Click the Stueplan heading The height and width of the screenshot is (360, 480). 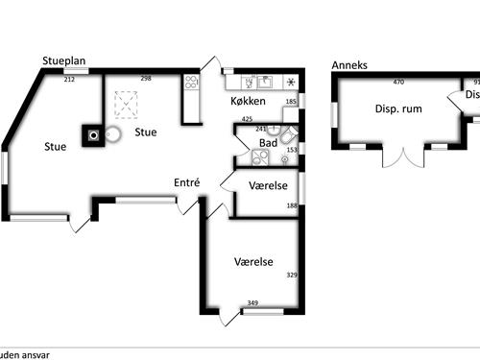[x=64, y=61]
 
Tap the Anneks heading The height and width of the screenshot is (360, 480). [x=348, y=65]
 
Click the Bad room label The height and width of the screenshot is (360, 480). [x=269, y=144]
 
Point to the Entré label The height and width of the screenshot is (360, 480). [x=186, y=182]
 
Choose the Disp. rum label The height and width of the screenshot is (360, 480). [x=397, y=108]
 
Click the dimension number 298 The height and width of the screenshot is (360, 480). [x=147, y=79]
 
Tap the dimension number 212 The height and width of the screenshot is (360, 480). [x=69, y=79]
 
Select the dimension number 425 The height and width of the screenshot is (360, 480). [x=248, y=119]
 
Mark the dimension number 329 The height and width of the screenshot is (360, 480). [x=292, y=275]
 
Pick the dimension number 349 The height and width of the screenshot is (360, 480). [x=252, y=303]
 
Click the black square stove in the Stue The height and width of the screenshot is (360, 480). [x=92, y=138]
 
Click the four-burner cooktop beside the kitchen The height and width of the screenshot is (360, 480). [x=191, y=83]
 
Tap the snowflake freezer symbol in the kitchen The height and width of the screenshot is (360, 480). [x=291, y=83]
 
